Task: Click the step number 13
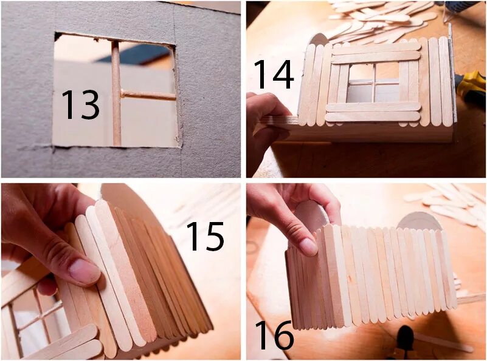(x=81, y=105)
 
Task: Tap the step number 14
(x=274, y=75)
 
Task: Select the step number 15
(x=205, y=236)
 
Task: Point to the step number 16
(x=274, y=336)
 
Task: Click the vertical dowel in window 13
(x=116, y=93)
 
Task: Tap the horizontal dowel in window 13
(x=148, y=95)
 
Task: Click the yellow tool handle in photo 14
(x=471, y=87)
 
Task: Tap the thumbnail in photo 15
(x=83, y=271)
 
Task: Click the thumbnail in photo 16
(x=308, y=247)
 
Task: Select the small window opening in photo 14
(x=374, y=83)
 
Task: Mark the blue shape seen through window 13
(x=134, y=53)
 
